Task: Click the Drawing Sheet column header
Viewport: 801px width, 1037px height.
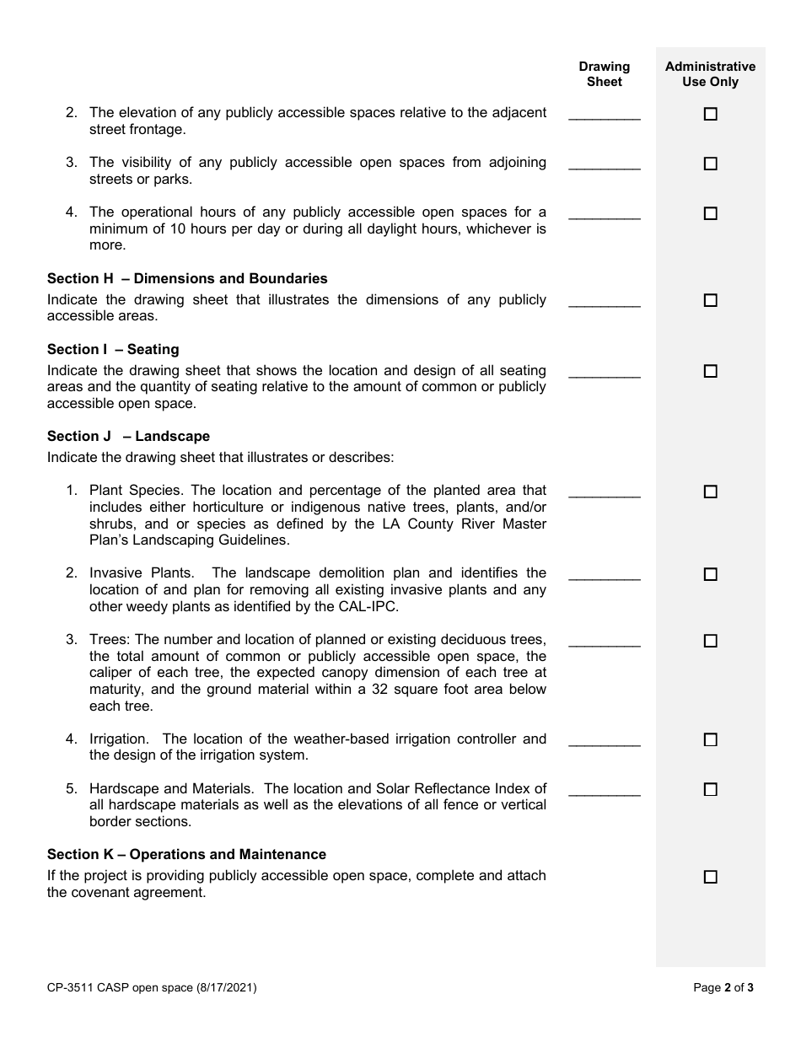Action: pyautogui.click(x=604, y=74)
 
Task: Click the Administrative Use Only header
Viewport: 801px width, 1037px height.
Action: pyautogui.click(x=710, y=74)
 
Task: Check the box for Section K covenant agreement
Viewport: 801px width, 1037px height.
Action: pyautogui.click(x=710, y=877)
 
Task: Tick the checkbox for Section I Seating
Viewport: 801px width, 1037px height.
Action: pyautogui.click(x=710, y=371)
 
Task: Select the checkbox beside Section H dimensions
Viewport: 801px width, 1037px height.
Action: pyautogui.click(x=710, y=300)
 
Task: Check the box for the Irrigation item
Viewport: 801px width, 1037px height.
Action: pyautogui.click(x=710, y=739)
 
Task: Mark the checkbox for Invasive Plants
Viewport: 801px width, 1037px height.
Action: pyautogui.click(x=710, y=574)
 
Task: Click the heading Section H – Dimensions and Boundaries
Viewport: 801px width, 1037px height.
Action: pyautogui.click(x=187, y=279)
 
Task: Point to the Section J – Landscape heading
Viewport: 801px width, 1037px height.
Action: pyautogui.click(x=128, y=437)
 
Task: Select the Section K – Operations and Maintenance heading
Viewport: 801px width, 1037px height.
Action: pyautogui.click(x=186, y=855)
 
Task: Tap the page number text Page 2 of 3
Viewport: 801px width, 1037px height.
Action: pyautogui.click(x=723, y=987)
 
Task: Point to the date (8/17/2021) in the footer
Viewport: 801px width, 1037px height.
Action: pyautogui.click(x=227, y=987)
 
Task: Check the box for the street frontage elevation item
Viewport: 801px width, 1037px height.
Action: pyautogui.click(x=710, y=114)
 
